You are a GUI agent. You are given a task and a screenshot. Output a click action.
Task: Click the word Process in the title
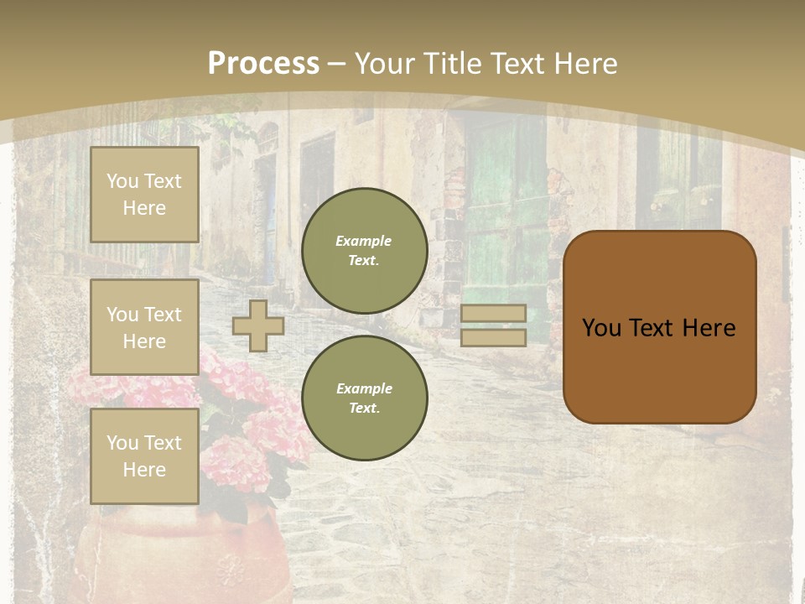tap(263, 64)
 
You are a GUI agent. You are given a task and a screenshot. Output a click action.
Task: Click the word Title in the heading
tap(456, 64)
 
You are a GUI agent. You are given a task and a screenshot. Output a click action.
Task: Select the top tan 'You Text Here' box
tap(144, 195)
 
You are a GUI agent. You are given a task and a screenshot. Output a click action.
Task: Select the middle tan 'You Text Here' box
tap(144, 327)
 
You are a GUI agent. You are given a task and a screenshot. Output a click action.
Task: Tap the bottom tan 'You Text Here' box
tap(144, 456)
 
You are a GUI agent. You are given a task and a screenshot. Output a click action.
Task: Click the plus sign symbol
tap(258, 325)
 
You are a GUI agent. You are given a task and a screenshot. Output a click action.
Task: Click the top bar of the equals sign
tap(494, 313)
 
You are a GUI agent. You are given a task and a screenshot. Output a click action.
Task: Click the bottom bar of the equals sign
tap(494, 338)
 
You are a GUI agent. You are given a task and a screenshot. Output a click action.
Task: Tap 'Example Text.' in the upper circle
tap(364, 250)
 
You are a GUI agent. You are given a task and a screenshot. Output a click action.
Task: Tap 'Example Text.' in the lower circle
tap(364, 398)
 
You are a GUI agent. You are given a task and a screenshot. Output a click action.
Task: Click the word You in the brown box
tap(601, 328)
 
